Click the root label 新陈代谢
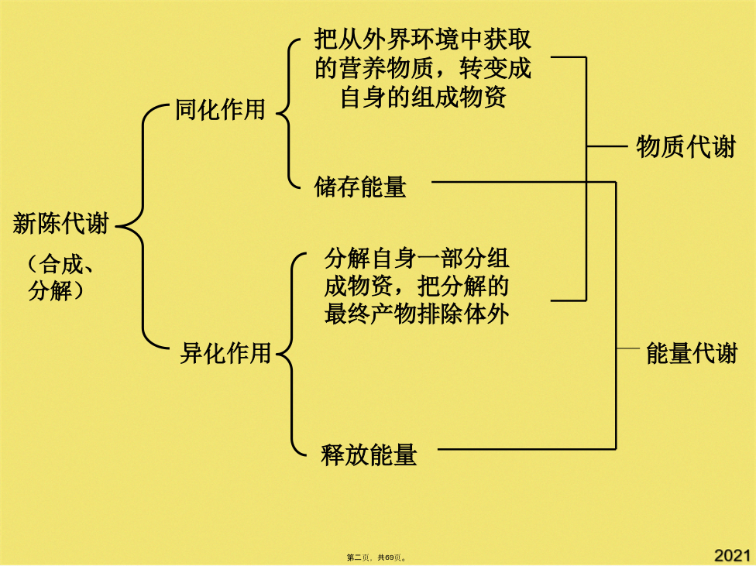[60, 224]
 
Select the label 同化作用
[220, 109]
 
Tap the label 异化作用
[225, 353]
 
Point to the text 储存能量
[360, 187]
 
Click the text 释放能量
[369, 455]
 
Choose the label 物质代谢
[686, 146]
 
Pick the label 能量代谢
[692, 353]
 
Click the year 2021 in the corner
[732, 555]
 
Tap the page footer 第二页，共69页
[376, 557]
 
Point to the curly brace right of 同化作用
[288, 114]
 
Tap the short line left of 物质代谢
[607, 146]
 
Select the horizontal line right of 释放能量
[527, 449]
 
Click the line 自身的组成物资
[424, 97]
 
